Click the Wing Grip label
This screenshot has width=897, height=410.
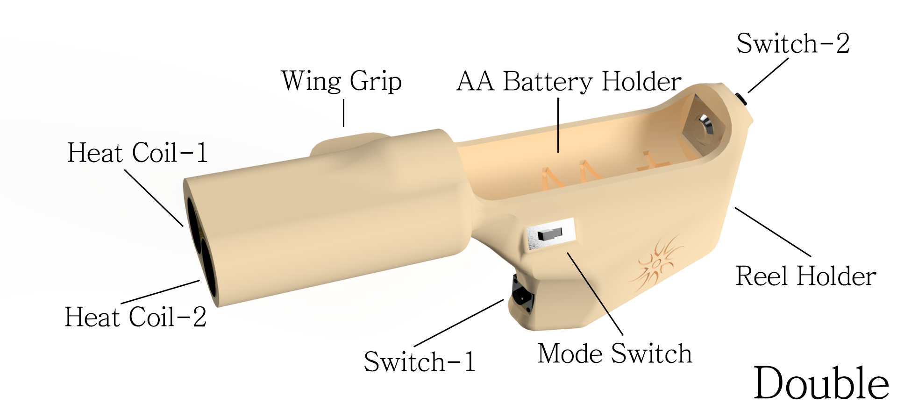(x=341, y=81)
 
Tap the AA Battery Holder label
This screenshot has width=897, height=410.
(x=569, y=82)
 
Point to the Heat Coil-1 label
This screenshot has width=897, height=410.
(x=137, y=153)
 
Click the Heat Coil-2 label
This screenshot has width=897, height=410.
(x=135, y=317)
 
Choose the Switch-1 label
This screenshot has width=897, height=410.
(x=420, y=362)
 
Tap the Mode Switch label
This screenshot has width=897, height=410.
(x=614, y=353)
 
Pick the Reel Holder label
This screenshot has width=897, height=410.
(x=805, y=276)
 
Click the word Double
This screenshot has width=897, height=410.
(x=821, y=384)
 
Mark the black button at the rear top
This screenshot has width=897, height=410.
(x=740, y=99)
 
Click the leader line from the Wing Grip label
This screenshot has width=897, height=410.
(x=344, y=113)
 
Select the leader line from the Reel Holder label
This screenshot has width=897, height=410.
(x=773, y=232)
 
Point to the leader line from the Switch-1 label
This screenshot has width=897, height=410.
(x=459, y=323)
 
